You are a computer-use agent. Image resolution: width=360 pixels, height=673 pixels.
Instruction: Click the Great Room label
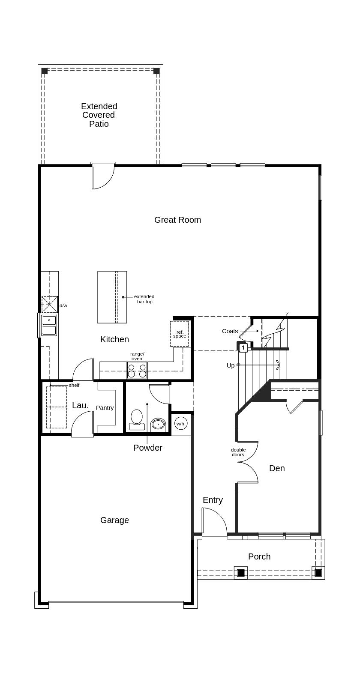[177, 220]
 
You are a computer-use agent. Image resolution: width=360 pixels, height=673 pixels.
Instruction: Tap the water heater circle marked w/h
[180, 424]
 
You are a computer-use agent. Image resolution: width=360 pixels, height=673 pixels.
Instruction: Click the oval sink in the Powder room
[158, 425]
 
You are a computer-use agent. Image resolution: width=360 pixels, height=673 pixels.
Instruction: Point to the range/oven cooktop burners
[137, 370]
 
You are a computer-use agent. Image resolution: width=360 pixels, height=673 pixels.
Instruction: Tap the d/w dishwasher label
[63, 306]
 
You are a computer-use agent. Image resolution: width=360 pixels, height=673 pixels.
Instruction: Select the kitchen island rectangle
[112, 297]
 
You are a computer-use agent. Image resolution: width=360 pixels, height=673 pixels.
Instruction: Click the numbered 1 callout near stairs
[243, 347]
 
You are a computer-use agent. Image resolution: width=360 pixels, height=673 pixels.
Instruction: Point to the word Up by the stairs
[231, 365]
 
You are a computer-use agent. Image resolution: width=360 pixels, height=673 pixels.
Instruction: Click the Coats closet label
[230, 331]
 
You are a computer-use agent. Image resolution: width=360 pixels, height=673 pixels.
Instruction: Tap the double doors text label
[238, 452]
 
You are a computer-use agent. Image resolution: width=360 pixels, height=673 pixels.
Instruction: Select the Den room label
[277, 468]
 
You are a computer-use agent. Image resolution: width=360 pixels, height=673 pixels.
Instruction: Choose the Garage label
[114, 520]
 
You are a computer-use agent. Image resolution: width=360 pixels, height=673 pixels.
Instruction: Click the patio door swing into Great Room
[103, 176]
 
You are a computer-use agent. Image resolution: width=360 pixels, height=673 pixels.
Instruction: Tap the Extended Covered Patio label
[99, 115]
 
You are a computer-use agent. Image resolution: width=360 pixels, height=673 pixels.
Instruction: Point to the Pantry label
[105, 408]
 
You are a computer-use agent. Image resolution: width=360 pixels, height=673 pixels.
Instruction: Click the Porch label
[259, 556]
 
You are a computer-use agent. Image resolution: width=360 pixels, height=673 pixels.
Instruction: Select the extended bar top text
[144, 299]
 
